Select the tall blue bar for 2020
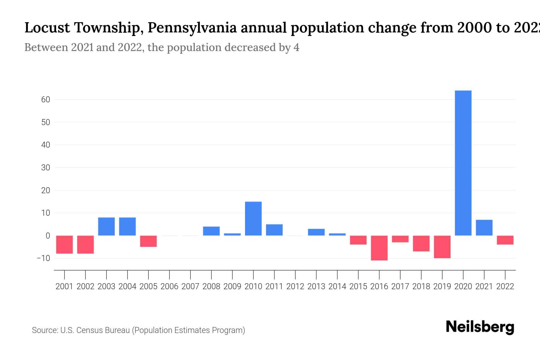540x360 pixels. tap(463, 163)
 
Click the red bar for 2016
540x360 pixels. tap(379, 248)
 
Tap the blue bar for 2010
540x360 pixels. tap(253, 218)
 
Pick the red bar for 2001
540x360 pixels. tap(64, 244)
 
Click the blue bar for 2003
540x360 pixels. tap(106, 226)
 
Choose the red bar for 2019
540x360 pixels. tap(442, 247)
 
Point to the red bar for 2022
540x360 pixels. tap(505, 240)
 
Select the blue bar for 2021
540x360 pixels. tap(484, 228)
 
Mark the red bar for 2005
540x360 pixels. tap(148, 241)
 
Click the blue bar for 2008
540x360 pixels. tap(211, 231)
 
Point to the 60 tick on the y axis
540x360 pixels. tap(46, 100)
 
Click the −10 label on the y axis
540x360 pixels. tap(43, 258)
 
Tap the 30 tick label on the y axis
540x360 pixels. tap(46, 167)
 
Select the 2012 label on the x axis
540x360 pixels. tap(295, 286)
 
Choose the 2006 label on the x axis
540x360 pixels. tap(169, 286)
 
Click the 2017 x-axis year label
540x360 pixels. tap(400, 286)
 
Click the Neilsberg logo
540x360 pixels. tap(480, 327)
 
